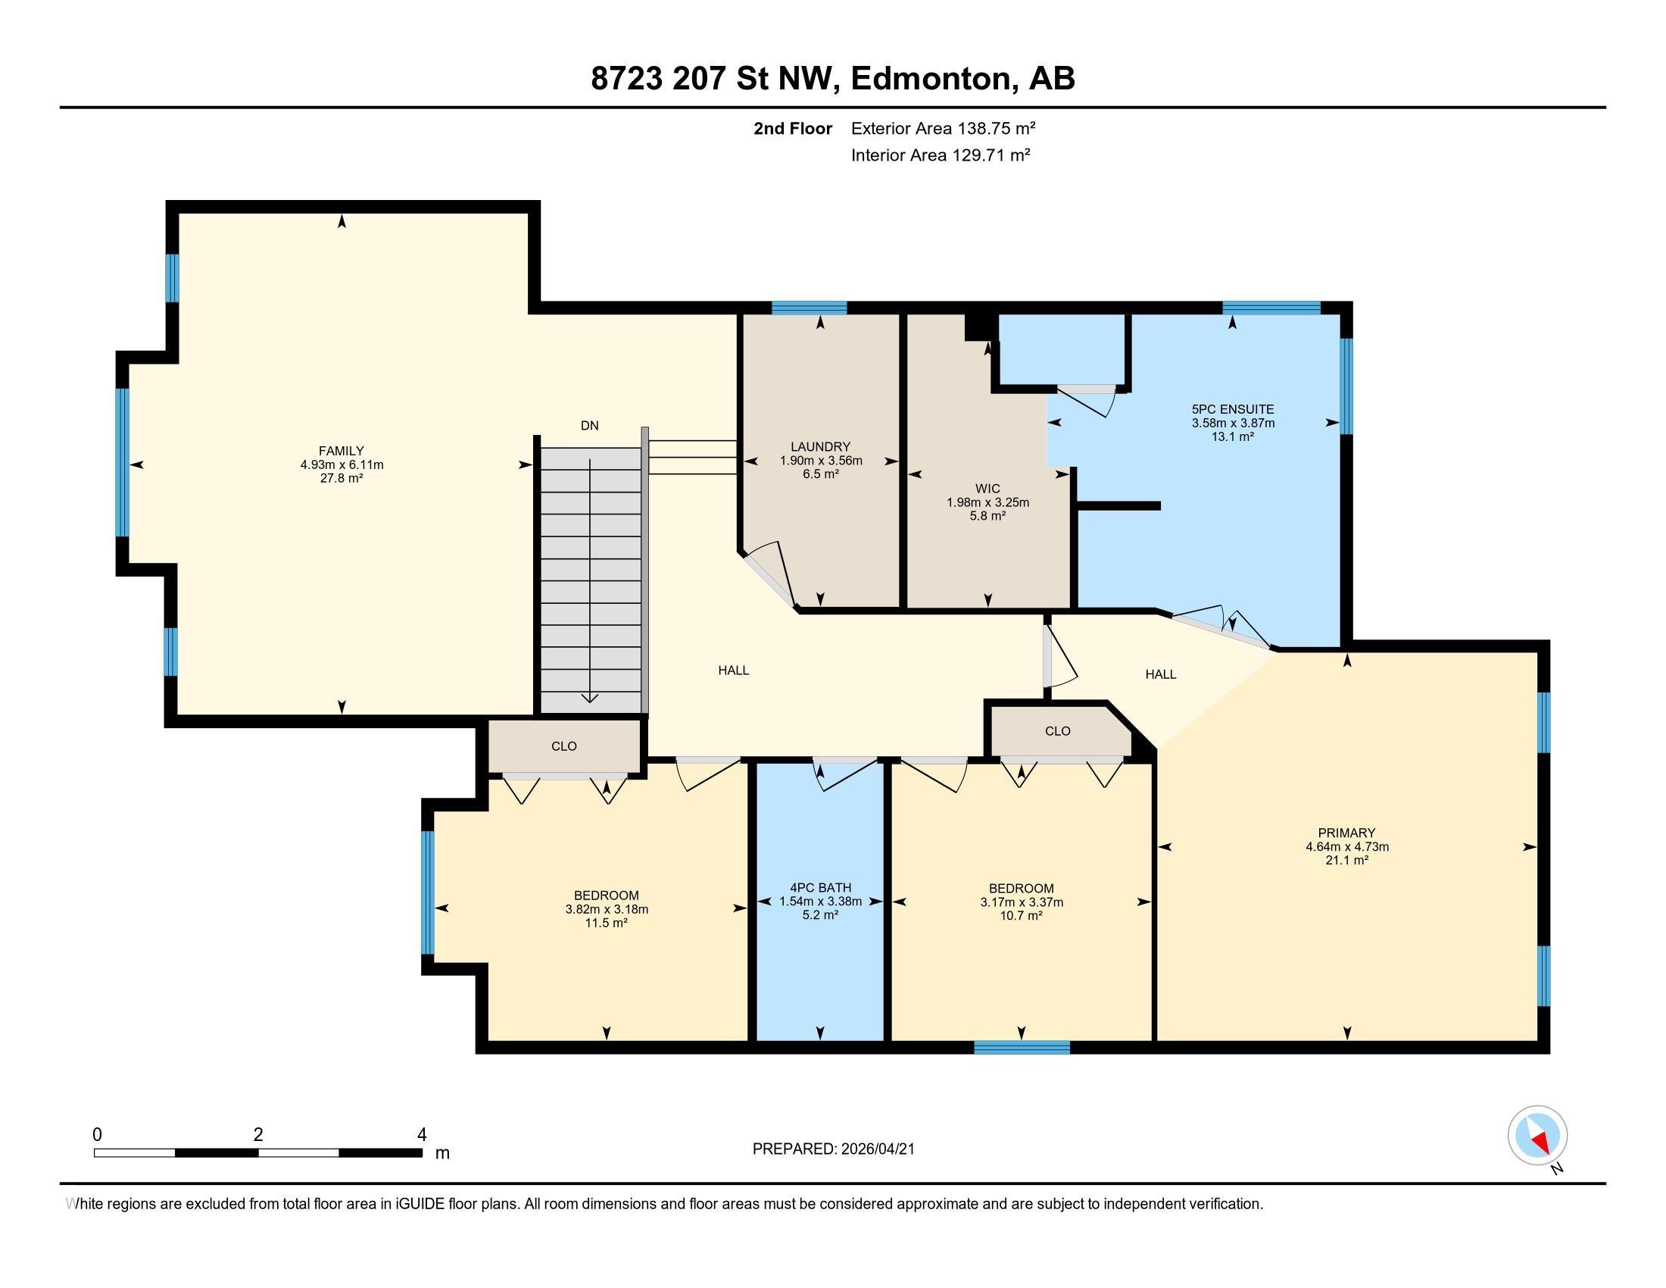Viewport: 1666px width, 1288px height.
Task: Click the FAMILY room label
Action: coord(341,451)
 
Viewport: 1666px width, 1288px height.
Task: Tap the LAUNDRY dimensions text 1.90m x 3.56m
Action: coord(821,461)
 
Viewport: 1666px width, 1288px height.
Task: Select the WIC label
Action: coord(987,489)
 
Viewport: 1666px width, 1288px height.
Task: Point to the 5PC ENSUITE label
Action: coord(1233,410)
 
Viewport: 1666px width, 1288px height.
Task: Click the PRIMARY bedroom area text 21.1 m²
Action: coord(1346,861)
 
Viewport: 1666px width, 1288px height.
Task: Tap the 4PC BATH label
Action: coord(820,888)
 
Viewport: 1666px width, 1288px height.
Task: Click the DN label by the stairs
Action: coord(589,426)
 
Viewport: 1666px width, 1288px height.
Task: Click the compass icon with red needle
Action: coord(1537,1135)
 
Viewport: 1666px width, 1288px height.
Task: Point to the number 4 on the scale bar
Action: coord(422,1135)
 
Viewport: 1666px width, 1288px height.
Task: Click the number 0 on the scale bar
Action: coord(97,1135)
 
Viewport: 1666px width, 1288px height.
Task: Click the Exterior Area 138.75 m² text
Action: coord(943,128)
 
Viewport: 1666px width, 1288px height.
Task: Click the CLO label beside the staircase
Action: coord(563,746)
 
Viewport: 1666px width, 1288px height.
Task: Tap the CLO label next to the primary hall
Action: coord(1057,731)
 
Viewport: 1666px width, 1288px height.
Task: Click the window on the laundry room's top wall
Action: coord(809,308)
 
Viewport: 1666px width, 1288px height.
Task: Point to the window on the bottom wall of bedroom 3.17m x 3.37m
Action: coord(1022,1048)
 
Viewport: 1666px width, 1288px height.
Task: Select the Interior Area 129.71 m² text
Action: coord(941,155)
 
